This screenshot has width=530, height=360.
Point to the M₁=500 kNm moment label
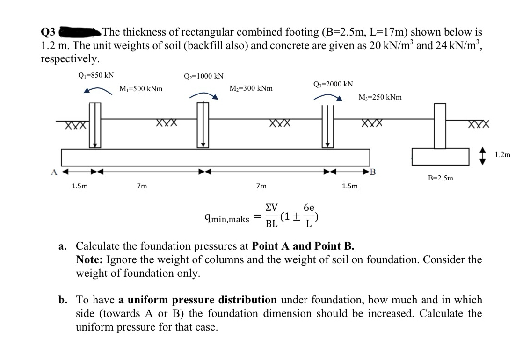[141, 88]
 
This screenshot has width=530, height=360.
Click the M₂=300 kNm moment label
[251, 88]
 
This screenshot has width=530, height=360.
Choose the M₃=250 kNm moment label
[379, 97]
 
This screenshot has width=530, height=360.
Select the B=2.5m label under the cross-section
[440, 178]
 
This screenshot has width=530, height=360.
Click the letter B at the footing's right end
[373, 171]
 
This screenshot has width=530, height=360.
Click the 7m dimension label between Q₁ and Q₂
[142, 186]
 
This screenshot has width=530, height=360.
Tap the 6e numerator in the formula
[308, 208]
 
